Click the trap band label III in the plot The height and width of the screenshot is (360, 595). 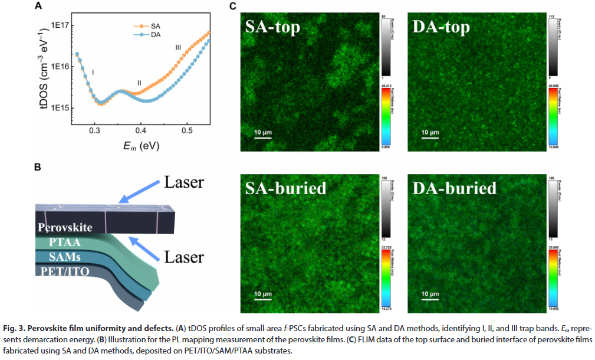[178, 47]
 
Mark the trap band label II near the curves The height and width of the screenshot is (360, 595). [139, 83]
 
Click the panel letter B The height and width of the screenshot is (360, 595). [37, 167]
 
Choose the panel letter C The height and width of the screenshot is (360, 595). [233, 6]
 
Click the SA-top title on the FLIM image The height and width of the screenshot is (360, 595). [273, 27]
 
